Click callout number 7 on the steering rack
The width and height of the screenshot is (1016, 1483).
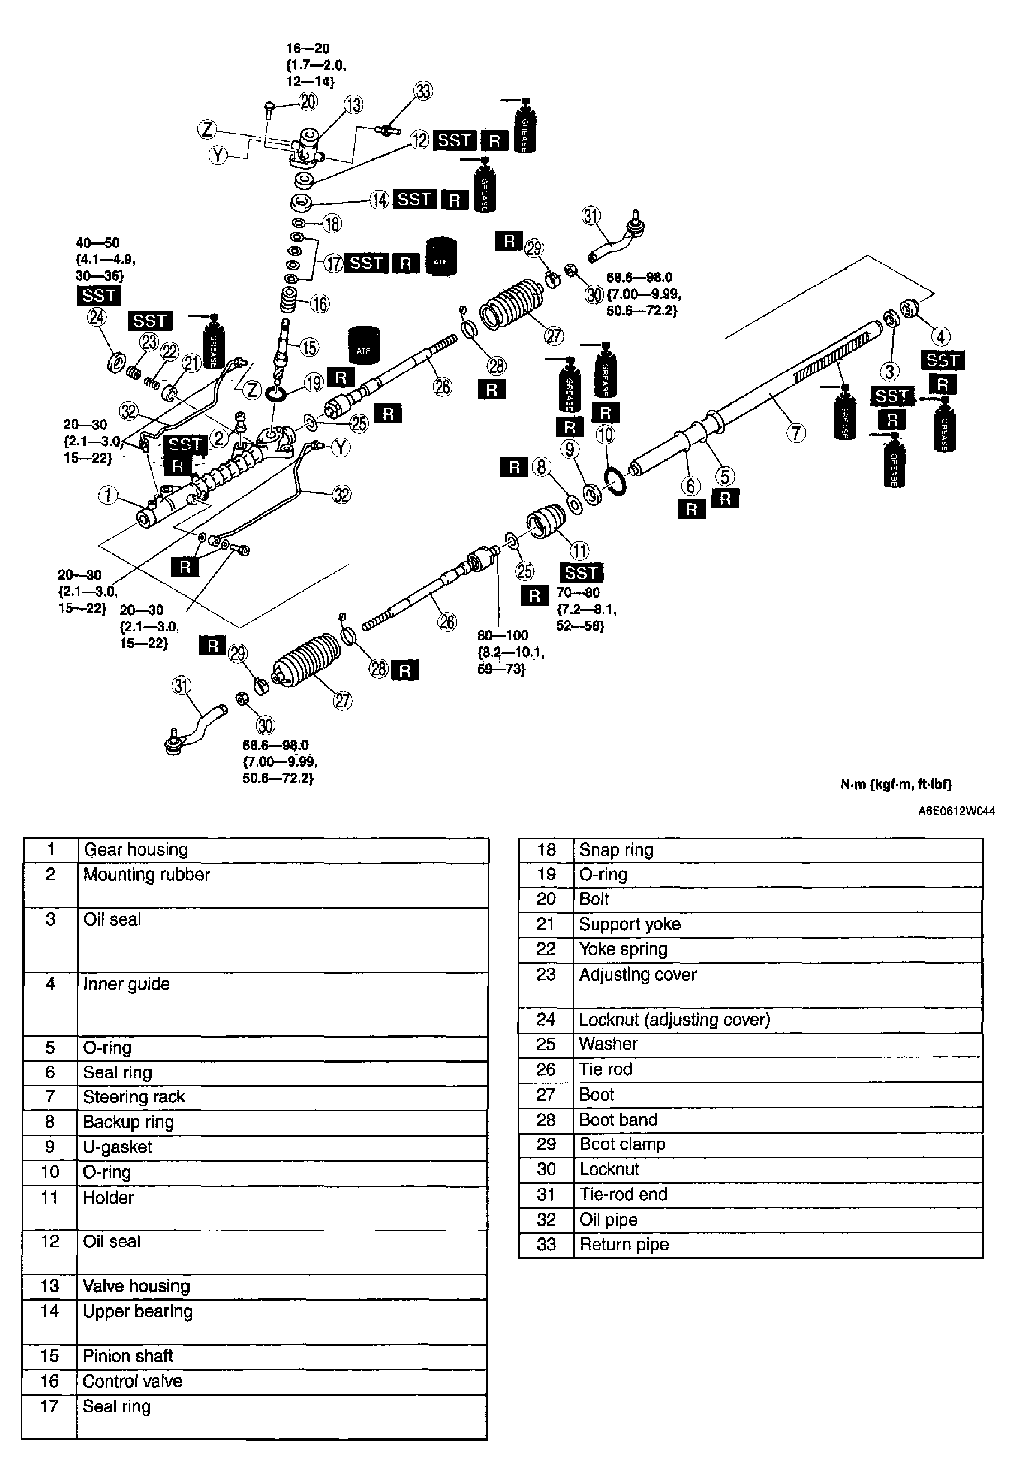click(796, 433)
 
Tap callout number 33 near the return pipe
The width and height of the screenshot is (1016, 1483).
click(423, 91)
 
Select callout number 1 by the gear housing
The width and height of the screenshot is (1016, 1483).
click(108, 495)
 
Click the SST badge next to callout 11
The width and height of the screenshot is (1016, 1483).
click(580, 572)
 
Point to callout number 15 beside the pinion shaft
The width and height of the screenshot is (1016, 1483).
click(309, 348)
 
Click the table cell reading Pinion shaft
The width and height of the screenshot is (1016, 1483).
click(128, 1356)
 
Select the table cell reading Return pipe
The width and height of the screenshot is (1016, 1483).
click(624, 1245)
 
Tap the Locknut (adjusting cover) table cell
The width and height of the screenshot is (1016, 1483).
click(674, 1019)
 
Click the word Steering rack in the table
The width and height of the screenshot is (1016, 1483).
click(134, 1096)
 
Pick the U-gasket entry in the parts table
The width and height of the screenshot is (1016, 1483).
click(117, 1147)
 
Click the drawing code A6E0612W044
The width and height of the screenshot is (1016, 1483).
click(956, 811)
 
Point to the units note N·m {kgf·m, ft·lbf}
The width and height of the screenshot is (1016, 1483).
click(895, 784)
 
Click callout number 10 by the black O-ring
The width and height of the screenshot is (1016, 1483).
click(605, 435)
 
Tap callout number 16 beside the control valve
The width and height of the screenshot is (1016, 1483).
click(319, 304)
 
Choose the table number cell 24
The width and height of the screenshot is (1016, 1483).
click(545, 1019)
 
